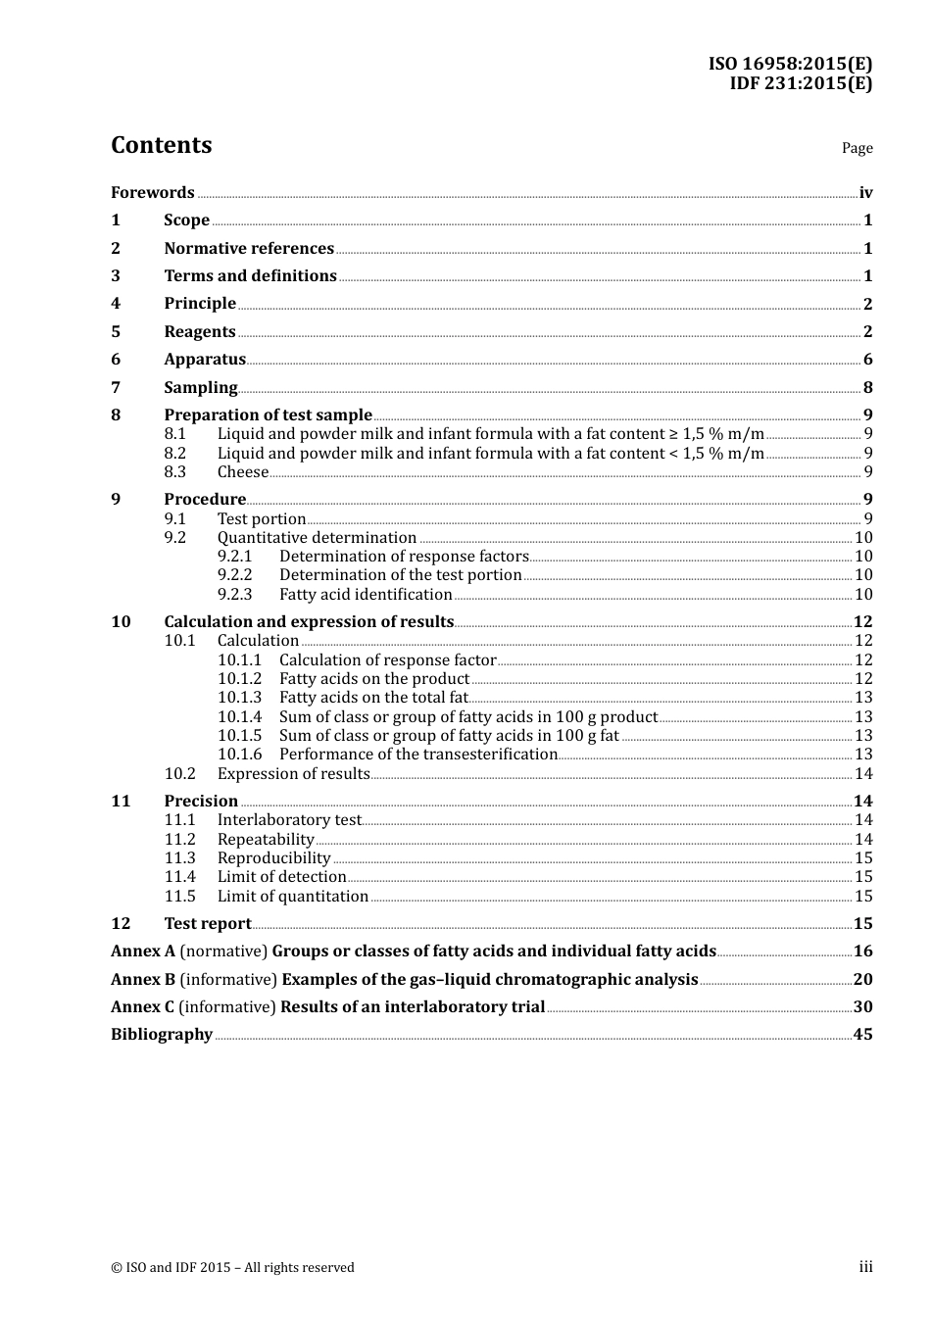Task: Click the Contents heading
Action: coord(161,145)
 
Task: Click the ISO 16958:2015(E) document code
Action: coord(790,65)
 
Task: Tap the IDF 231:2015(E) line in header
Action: coord(800,83)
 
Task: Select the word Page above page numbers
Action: coord(857,148)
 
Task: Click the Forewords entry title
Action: coord(152,193)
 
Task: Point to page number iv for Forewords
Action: coord(865,193)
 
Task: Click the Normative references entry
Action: coord(249,249)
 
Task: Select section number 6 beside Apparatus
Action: coord(116,360)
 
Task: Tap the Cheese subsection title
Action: coord(242,472)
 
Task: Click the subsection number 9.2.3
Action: coord(234,595)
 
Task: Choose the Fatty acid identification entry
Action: coord(366,595)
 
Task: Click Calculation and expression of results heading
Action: coord(309,622)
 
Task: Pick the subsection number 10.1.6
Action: coord(239,755)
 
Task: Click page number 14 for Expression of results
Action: coord(863,774)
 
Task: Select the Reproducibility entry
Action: coord(273,858)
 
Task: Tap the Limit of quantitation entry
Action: coord(292,897)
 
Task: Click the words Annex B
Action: coord(143,980)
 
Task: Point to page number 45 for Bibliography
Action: coord(862,1035)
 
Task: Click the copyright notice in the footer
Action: coord(232,1268)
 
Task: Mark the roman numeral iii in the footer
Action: coord(865,1267)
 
